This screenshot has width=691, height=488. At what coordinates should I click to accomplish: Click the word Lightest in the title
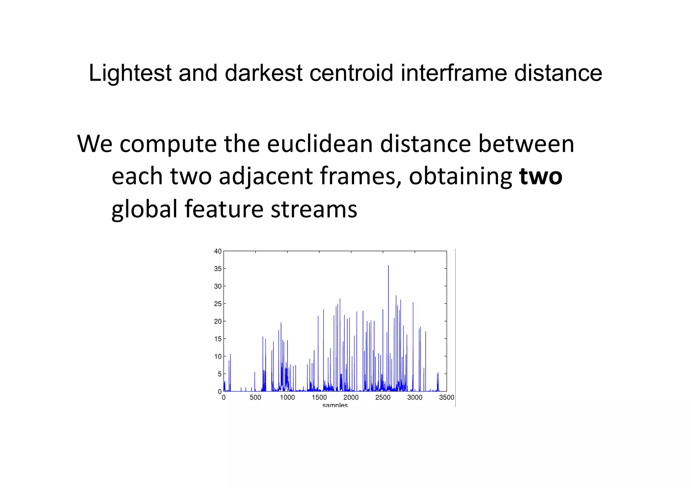130,73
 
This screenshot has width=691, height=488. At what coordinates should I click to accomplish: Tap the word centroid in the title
351,73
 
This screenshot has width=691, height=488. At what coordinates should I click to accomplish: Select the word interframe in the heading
453,73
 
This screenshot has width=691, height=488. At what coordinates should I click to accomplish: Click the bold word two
541,176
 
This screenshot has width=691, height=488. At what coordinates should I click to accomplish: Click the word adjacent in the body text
266,176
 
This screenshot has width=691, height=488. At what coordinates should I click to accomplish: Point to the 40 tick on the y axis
218,251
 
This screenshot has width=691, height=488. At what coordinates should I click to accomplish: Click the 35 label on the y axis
218,269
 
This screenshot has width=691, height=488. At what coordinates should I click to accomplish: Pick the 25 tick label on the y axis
218,304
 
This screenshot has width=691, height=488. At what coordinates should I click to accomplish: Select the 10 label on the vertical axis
218,356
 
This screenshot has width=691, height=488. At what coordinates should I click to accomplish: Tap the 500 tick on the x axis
255,398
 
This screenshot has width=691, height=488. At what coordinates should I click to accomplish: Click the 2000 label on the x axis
351,398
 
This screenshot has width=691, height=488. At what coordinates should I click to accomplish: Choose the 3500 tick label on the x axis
447,398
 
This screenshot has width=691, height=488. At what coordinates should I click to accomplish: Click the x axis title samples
335,405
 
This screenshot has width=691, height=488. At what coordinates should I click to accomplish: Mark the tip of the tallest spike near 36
388,265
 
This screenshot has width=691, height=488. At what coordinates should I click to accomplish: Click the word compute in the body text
168,144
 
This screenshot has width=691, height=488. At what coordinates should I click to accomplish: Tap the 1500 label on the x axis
319,398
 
